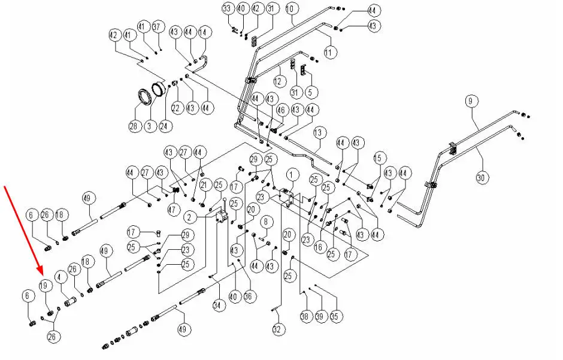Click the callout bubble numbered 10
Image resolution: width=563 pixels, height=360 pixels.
(x=290, y=9)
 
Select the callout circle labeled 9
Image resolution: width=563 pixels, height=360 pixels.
(x=470, y=101)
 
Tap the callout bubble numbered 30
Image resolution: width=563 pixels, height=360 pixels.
(x=482, y=177)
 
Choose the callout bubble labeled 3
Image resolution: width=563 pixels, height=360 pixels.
(x=149, y=126)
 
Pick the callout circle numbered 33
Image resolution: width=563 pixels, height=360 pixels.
(x=228, y=8)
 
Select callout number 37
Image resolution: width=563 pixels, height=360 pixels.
(x=158, y=26)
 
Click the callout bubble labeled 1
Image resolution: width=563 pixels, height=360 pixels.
(x=292, y=175)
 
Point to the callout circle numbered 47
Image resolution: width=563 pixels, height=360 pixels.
(x=174, y=210)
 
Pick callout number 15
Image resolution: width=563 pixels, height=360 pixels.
(x=378, y=158)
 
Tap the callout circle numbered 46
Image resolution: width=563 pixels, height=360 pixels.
(x=279, y=110)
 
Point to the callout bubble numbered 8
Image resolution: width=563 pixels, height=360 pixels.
(x=267, y=222)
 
